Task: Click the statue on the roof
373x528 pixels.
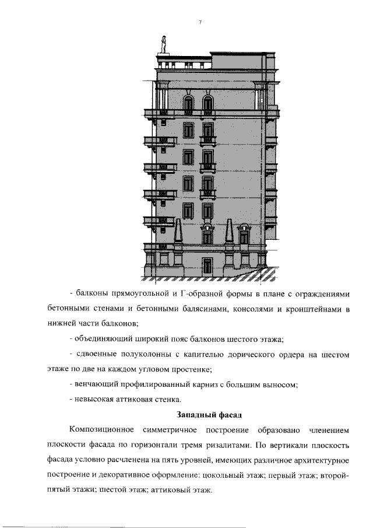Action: click(x=164, y=44)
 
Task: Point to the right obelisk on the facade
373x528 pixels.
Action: click(x=229, y=233)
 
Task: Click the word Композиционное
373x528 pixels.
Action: click(x=101, y=430)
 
